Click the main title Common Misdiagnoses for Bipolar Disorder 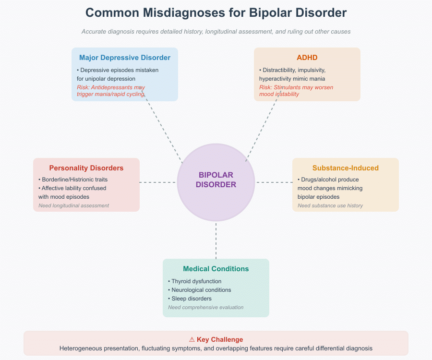pyautogui.click(x=216, y=12)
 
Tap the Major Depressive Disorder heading pyautogui.click(x=125, y=58)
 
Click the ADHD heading pyautogui.click(x=307, y=58)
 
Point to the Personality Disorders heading pyautogui.click(x=86, y=168)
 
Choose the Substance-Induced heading pyautogui.click(x=346, y=168)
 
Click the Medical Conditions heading pyautogui.click(x=216, y=269)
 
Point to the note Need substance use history pyautogui.click(x=330, y=205)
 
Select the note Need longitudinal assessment pyautogui.click(x=74, y=205)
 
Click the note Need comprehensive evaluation pyautogui.click(x=206, y=307)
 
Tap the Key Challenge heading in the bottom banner pyautogui.click(x=220, y=339)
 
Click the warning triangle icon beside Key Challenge pyautogui.click(x=192, y=339)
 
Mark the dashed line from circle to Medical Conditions pyautogui.click(x=216, y=240)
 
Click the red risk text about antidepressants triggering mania pyautogui.click(x=111, y=91)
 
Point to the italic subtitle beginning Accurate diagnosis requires pyautogui.click(x=216, y=32)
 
